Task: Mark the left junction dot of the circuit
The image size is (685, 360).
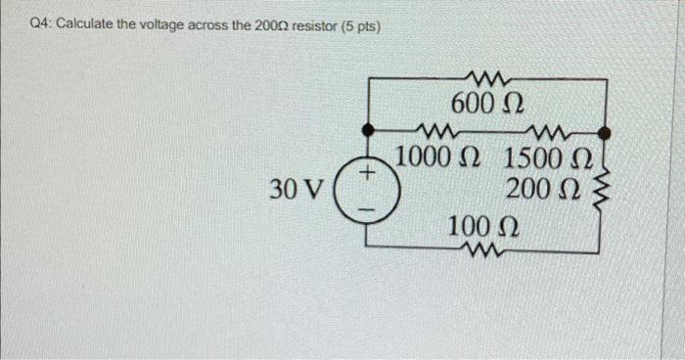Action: (x=367, y=129)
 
